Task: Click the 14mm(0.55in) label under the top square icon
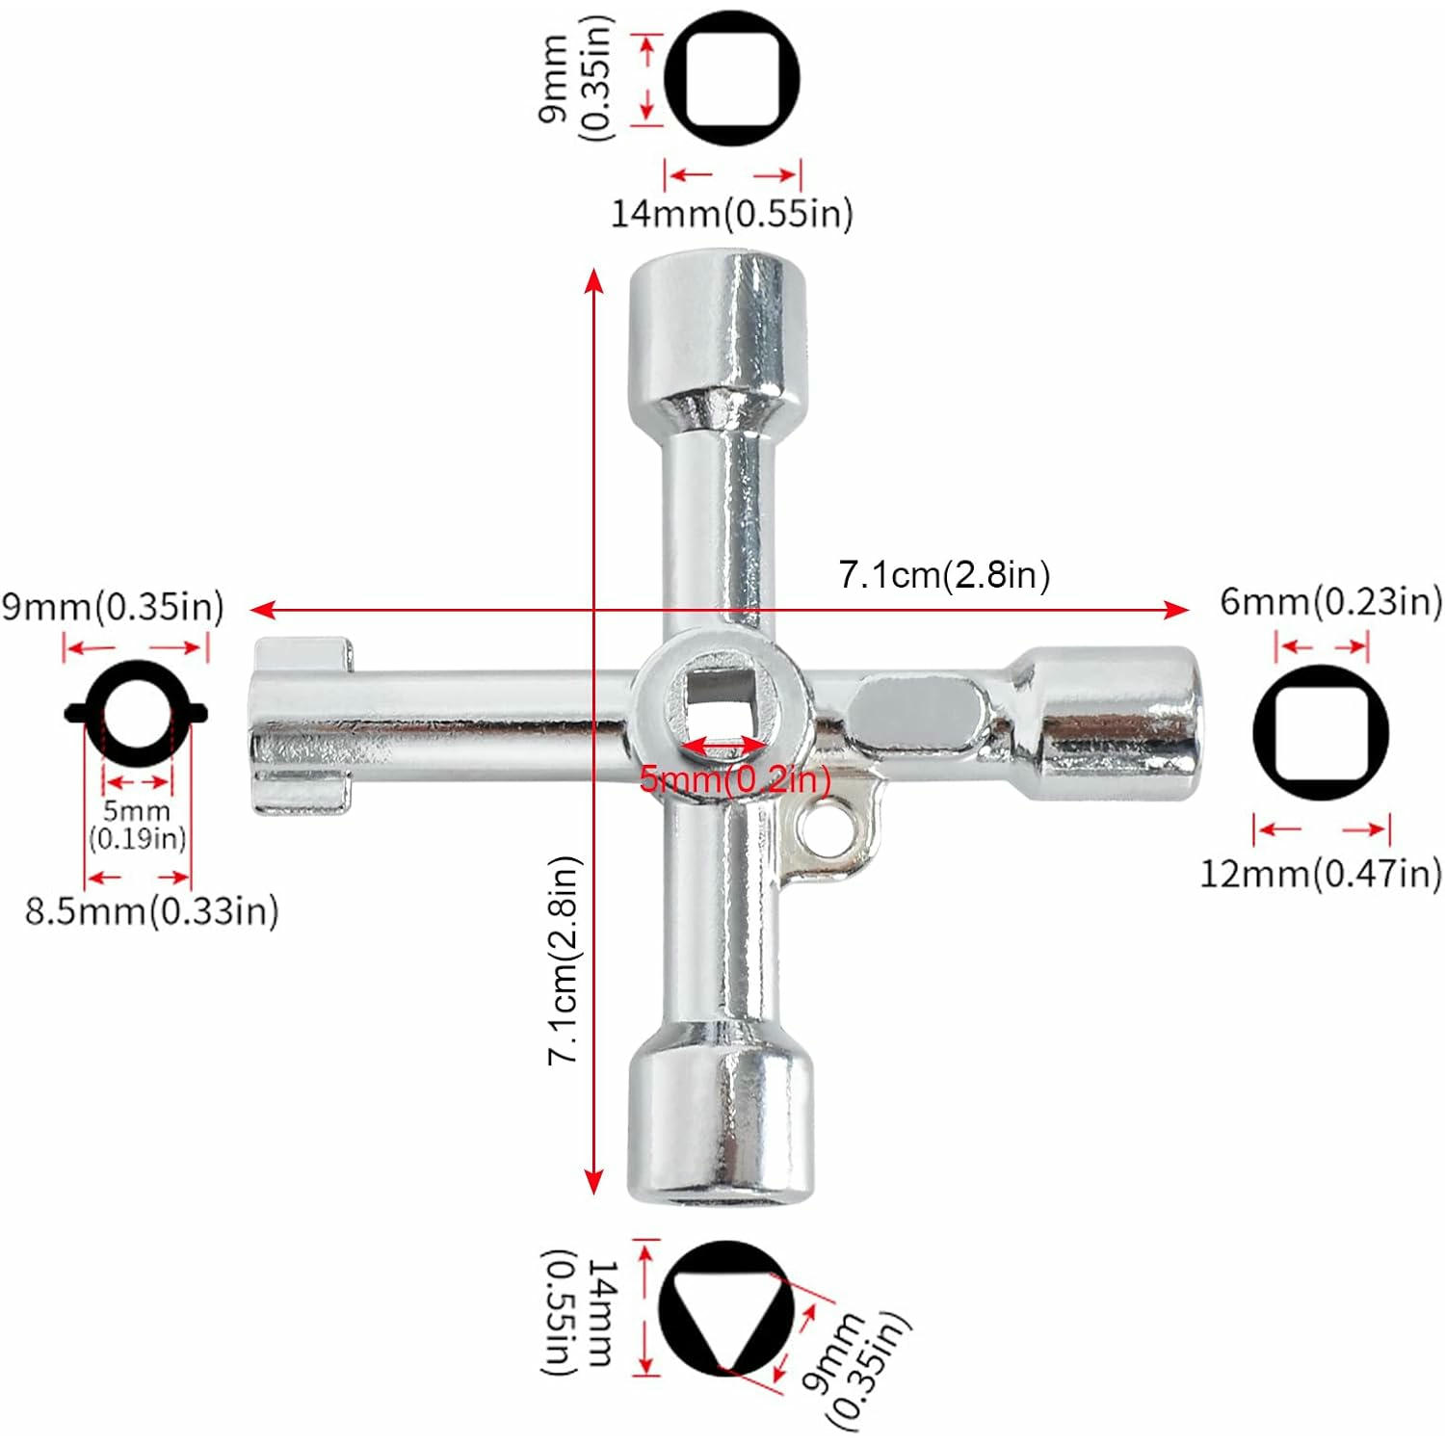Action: pos(732,213)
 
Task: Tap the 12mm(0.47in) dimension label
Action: pos(1321,874)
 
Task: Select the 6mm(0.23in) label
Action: pos(1331,601)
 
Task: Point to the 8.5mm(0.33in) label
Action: pos(152,910)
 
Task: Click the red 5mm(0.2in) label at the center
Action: pos(735,778)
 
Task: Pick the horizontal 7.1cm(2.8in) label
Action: pos(944,575)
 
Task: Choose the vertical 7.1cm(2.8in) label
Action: pos(565,960)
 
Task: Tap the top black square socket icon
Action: pos(732,78)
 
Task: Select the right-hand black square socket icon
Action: pos(1321,732)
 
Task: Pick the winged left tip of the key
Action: pos(302,725)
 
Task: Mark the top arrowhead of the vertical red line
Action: pos(594,280)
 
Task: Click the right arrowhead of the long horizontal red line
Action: pos(1177,610)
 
